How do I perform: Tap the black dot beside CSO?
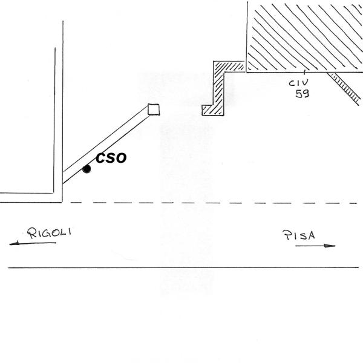tap(87, 169)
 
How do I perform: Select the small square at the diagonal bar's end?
tap(153, 109)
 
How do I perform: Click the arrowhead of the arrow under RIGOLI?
tap(13, 244)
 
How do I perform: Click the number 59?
tap(301, 94)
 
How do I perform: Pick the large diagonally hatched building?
tap(302, 36)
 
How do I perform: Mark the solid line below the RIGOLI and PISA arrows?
tap(181, 267)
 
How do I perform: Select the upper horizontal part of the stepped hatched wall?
tap(229, 65)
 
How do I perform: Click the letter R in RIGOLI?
tap(29, 233)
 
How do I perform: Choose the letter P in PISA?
tap(285, 236)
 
